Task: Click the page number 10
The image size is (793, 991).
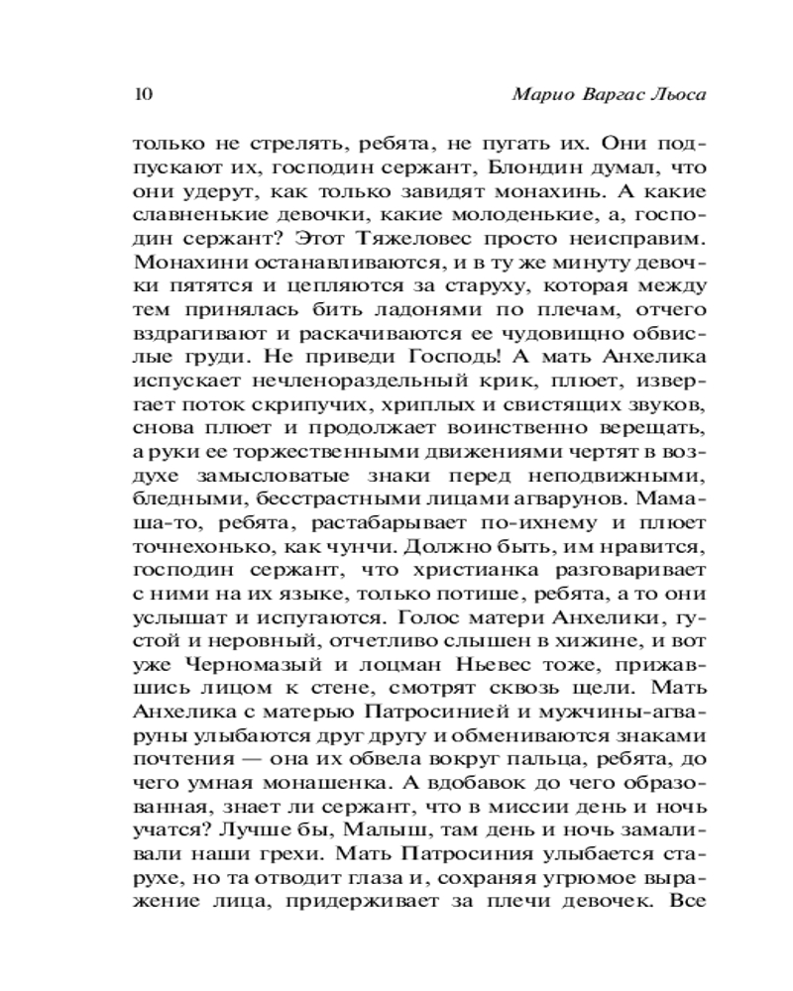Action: click(x=140, y=95)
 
